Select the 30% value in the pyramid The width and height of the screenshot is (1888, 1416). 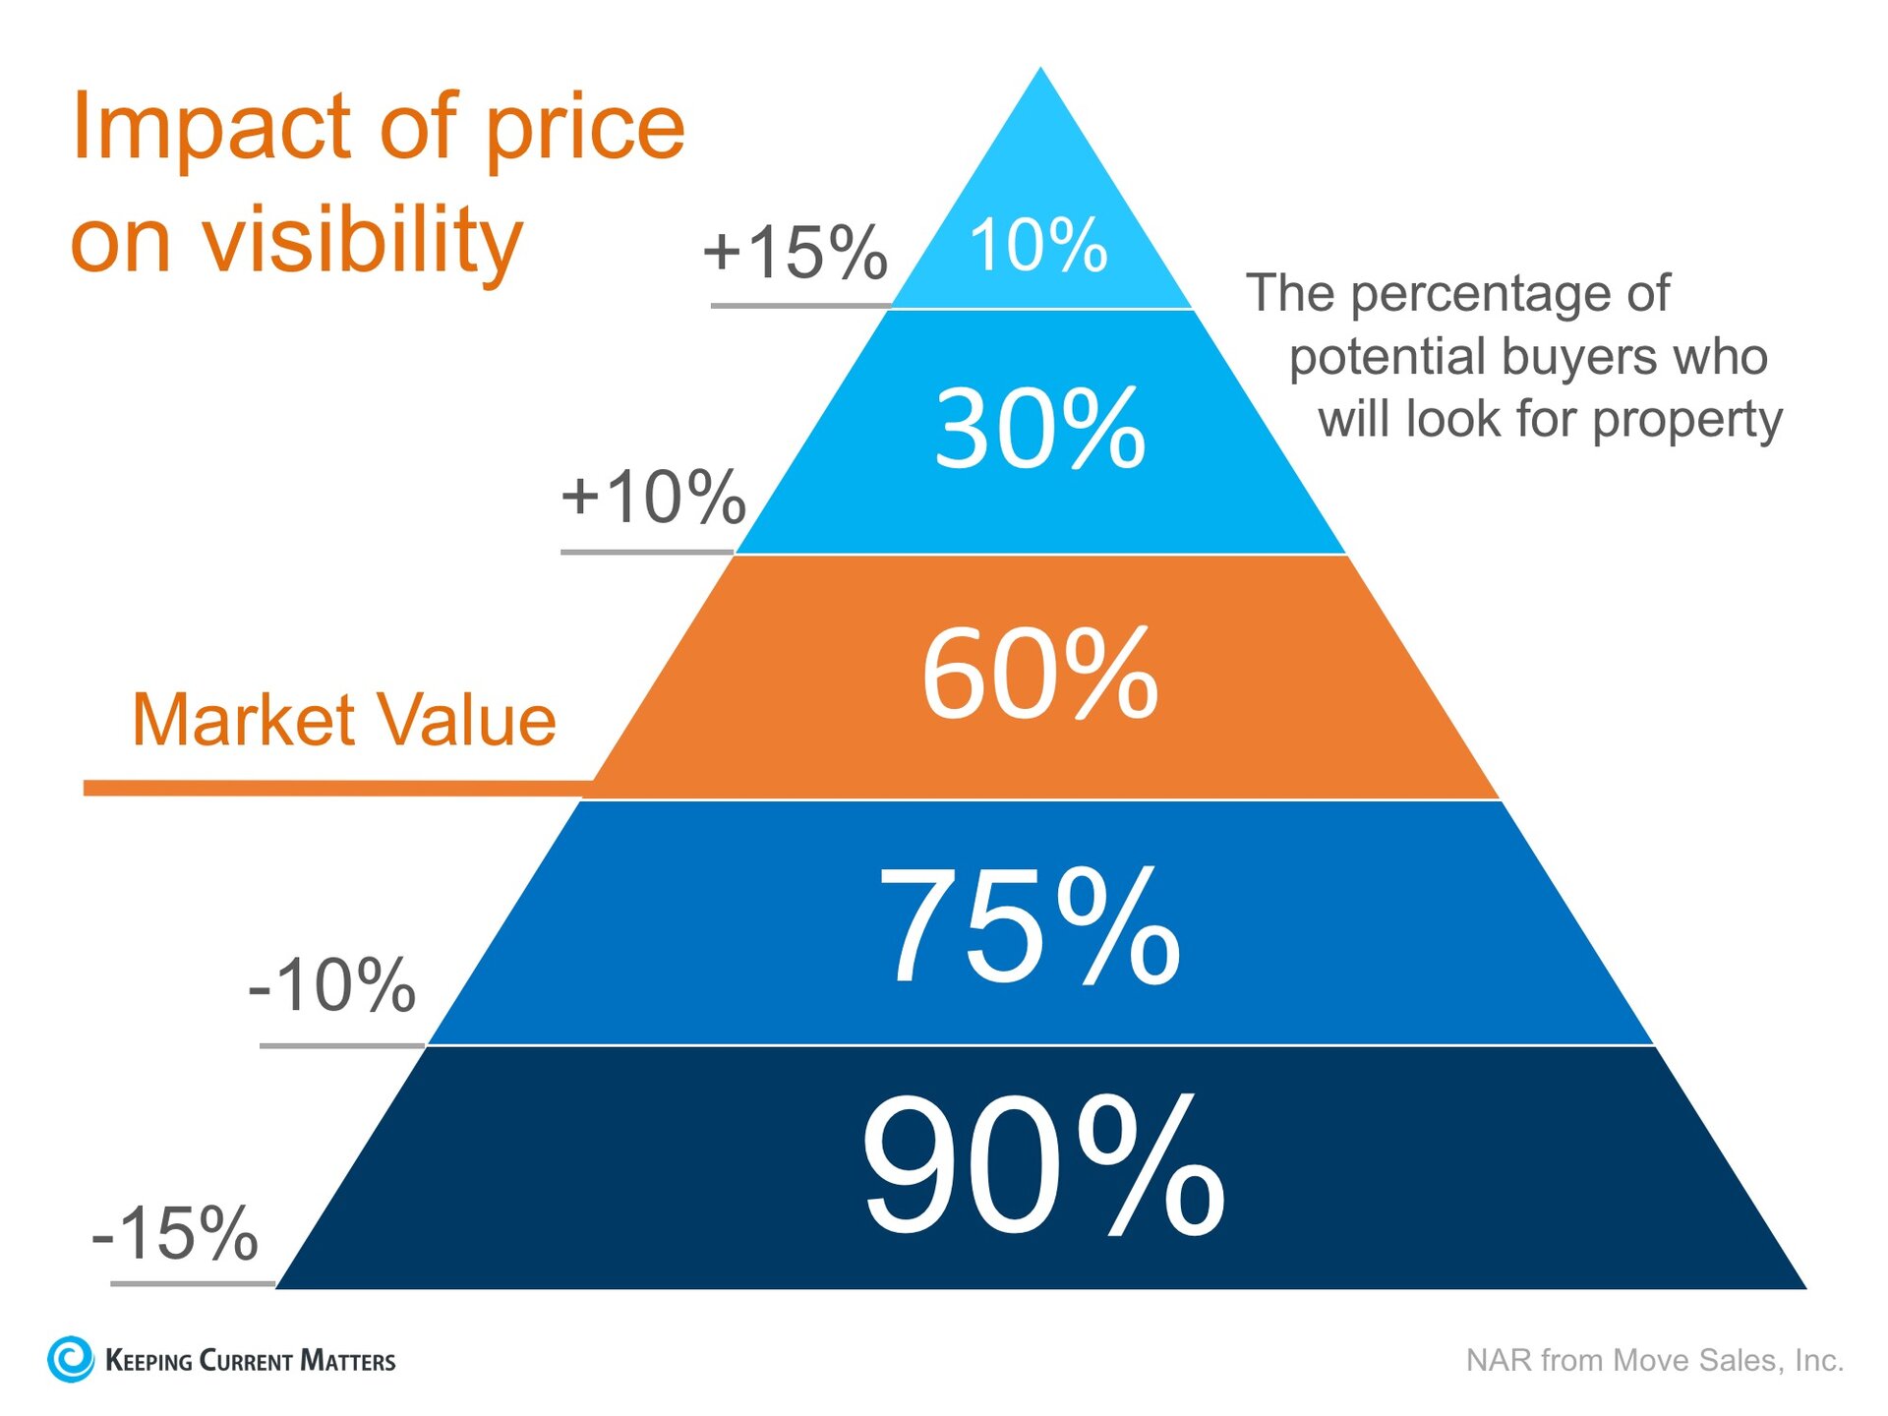pyautogui.click(x=1040, y=429)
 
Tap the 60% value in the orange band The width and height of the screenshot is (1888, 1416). pyautogui.click(x=1040, y=675)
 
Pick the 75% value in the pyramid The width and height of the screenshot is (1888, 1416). pyautogui.click(x=1030, y=926)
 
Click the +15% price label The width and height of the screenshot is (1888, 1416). pyautogui.click(x=795, y=252)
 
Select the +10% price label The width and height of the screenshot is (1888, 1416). pyautogui.click(x=653, y=497)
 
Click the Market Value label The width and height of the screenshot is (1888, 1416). pyautogui.click(x=344, y=720)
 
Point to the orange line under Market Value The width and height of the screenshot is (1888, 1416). pyautogui.click(x=334, y=788)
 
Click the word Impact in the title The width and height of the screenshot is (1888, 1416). pyautogui.click(x=212, y=128)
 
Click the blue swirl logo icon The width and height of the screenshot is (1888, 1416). pyautogui.click(x=71, y=1359)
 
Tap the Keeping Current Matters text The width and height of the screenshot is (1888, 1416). pyautogui.click(x=250, y=1361)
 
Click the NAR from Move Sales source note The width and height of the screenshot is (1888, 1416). pyautogui.click(x=1654, y=1360)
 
